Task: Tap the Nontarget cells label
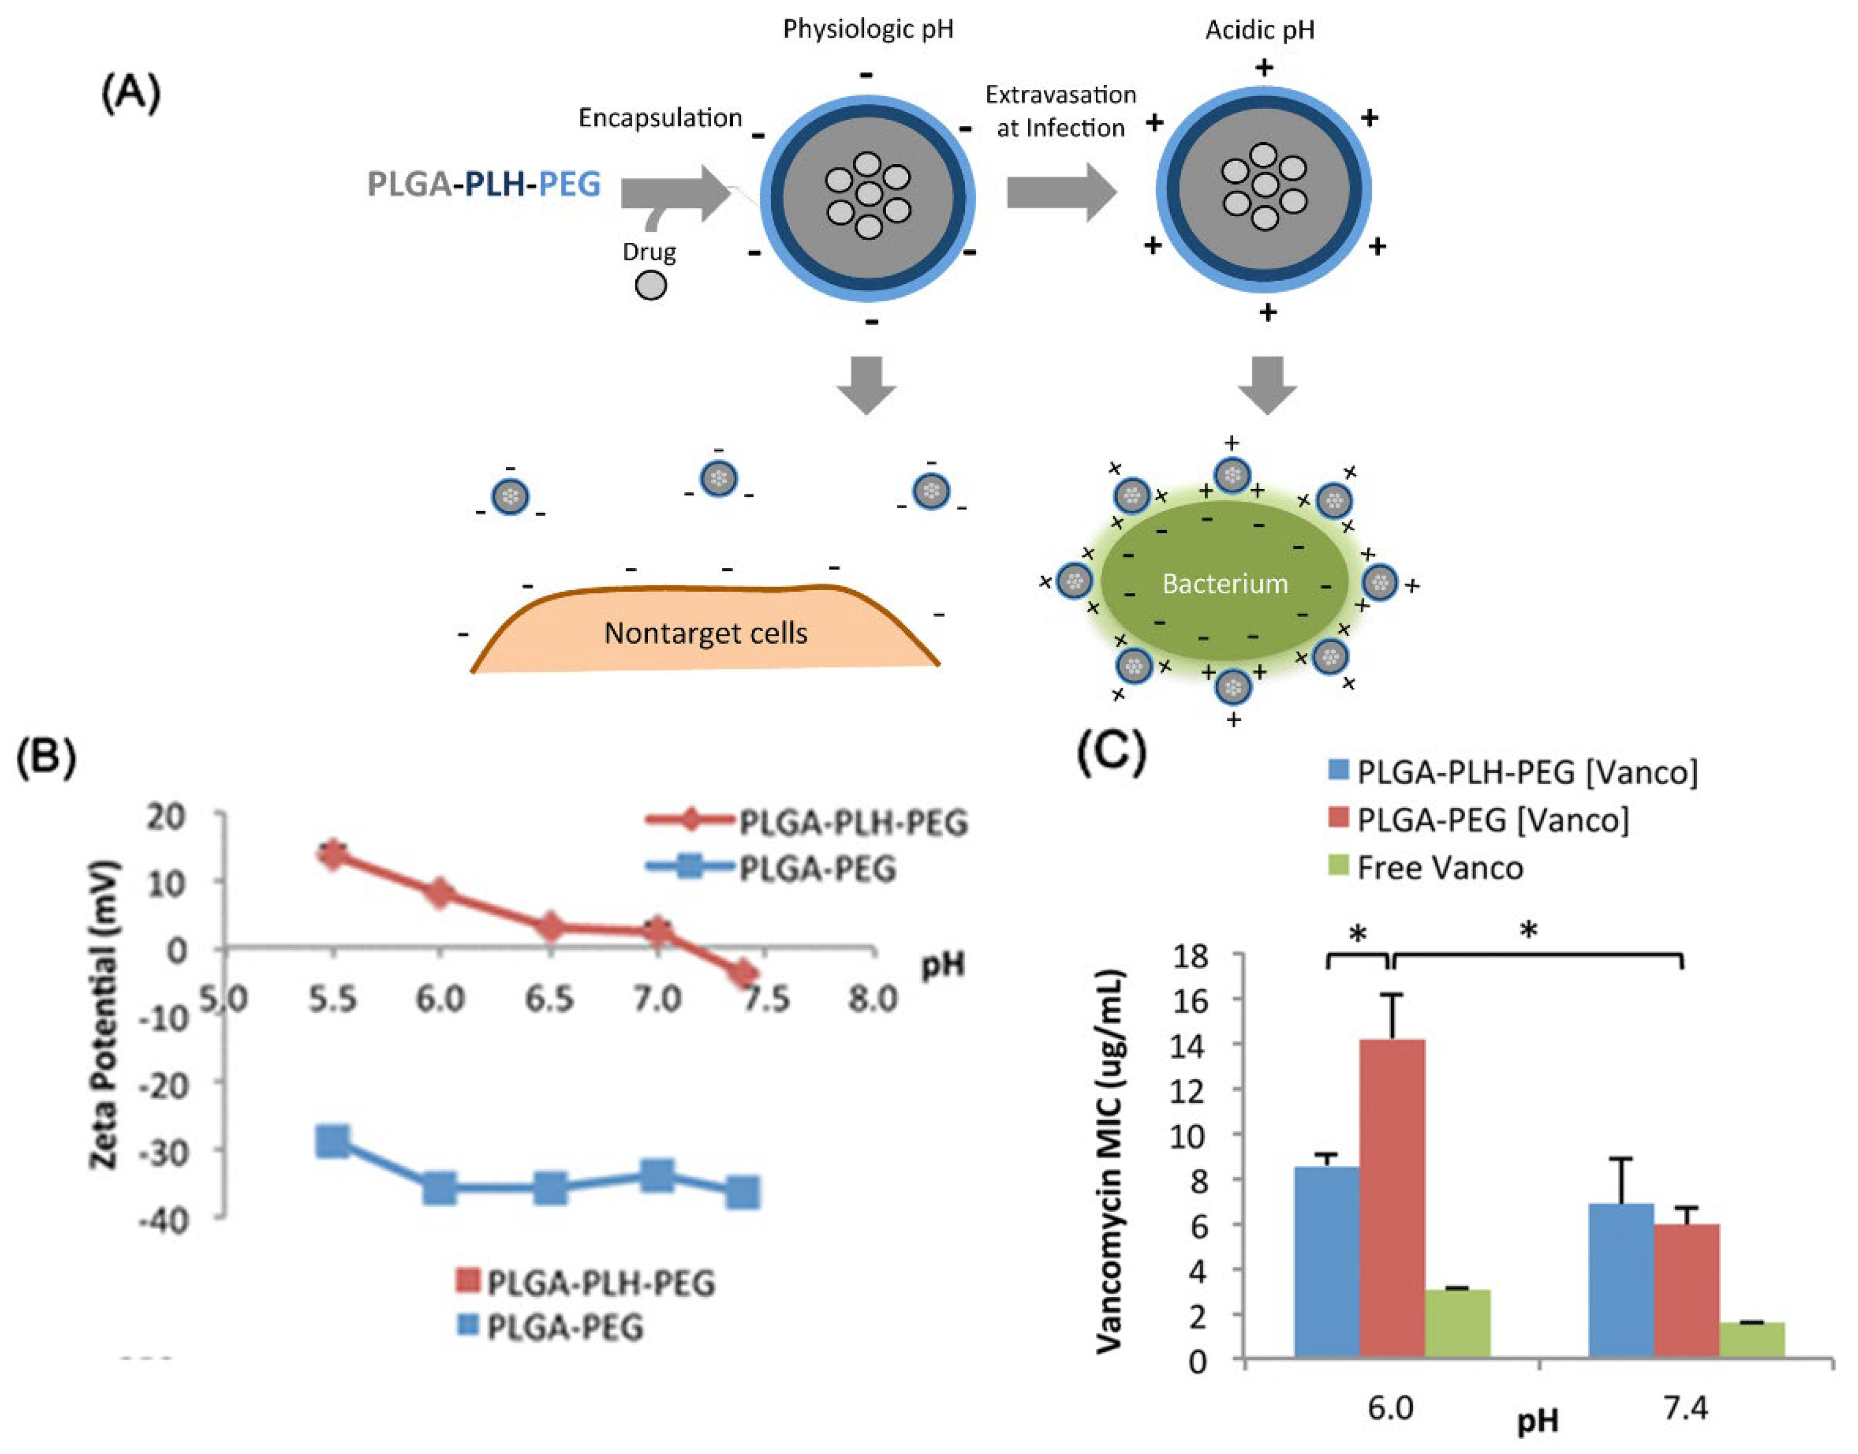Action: tap(705, 633)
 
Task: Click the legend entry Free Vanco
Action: tap(1438, 868)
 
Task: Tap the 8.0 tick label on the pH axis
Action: tap(872, 999)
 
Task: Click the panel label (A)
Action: tap(130, 93)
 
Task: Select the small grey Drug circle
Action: tap(651, 285)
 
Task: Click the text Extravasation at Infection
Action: tap(1061, 111)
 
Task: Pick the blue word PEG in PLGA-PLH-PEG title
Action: tap(570, 184)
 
